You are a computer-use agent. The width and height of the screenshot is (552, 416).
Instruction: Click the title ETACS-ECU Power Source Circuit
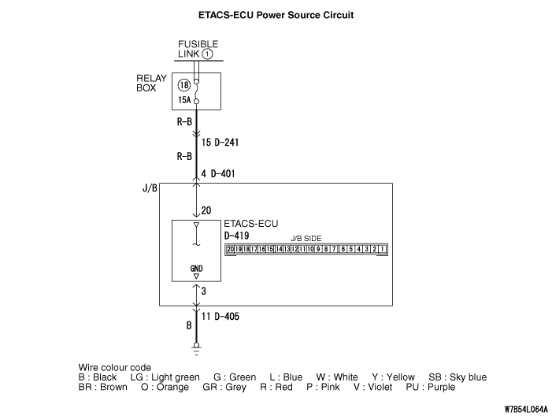tap(276, 14)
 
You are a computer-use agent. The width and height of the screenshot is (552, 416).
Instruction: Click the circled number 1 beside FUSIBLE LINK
tap(207, 54)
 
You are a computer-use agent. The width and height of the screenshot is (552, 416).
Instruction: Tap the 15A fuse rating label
tap(184, 102)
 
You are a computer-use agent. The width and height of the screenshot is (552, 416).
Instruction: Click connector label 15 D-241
tap(220, 143)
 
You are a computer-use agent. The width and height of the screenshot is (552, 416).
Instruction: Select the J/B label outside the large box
tap(150, 190)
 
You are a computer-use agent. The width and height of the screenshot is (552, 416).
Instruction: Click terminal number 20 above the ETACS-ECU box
tap(207, 210)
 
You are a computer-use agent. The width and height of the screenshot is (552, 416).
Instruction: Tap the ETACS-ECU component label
tap(251, 224)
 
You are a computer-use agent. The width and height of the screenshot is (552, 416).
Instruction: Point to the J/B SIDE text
tap(306, 239)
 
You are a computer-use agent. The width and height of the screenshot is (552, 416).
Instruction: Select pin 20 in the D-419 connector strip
tap(231, 250)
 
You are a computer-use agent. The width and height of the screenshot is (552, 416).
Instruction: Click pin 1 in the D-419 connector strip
tap(383, 250)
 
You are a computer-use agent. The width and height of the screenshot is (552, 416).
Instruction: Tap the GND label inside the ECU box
tap(196, 269)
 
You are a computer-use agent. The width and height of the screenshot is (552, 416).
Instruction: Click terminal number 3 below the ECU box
tap(205, 292)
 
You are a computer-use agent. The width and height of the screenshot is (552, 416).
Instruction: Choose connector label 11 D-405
tap(220, 317)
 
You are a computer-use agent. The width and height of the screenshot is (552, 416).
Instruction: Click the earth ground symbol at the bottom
tap(196, 346)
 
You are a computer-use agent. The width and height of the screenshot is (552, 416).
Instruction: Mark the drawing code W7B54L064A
tap(515, 409)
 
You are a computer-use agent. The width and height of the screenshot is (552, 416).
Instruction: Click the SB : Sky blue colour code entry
tap(458, 377)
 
